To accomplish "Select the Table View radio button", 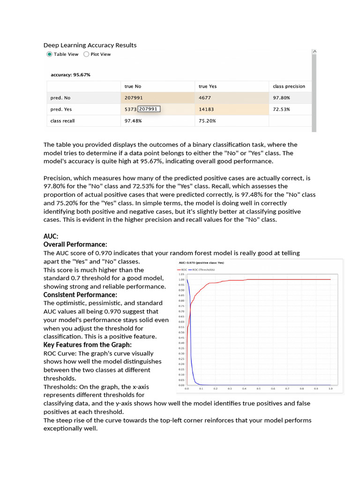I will coord(50,54).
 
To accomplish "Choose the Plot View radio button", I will coord(86,54).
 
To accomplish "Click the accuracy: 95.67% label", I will coord(70,75).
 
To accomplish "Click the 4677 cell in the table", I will coord(205,98).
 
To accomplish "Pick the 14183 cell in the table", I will coord(206,109).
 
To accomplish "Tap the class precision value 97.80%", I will coord(281,98).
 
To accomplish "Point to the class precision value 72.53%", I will coord(281,109).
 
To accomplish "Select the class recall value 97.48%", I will coord(133,120).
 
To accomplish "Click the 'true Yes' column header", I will coord(208,86).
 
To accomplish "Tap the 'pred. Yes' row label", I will coord(61,109).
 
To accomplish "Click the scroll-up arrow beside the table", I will coord(314,51).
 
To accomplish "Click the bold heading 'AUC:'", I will coord(51,237).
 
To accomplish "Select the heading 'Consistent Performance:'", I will coord(80,295).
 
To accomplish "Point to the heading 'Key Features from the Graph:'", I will coord(88,345).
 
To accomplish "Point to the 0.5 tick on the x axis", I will coord(258,389).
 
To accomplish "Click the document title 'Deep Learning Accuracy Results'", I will coord(90,45).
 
